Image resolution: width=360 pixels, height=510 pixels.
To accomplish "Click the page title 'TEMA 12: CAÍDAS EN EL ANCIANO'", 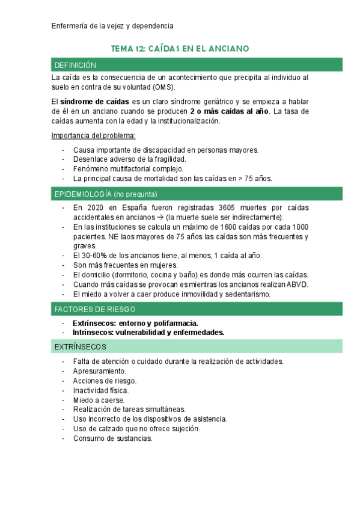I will click(180, 48).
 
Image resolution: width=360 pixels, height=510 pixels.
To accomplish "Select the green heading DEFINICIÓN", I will click(75, 65).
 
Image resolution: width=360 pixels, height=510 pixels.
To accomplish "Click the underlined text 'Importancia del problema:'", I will click(94, 135).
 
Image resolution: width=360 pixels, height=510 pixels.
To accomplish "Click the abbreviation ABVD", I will click(297, 284).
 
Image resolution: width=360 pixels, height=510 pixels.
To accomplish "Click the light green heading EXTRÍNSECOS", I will click(80, 347).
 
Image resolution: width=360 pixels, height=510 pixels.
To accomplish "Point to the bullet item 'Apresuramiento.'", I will click(100, 371).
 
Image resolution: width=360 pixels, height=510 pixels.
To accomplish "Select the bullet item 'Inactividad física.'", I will click(101, 390).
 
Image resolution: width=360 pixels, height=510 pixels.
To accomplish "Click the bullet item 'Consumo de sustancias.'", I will click(112, 438).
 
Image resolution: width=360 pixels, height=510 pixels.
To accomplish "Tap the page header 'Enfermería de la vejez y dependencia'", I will click(112, 26).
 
